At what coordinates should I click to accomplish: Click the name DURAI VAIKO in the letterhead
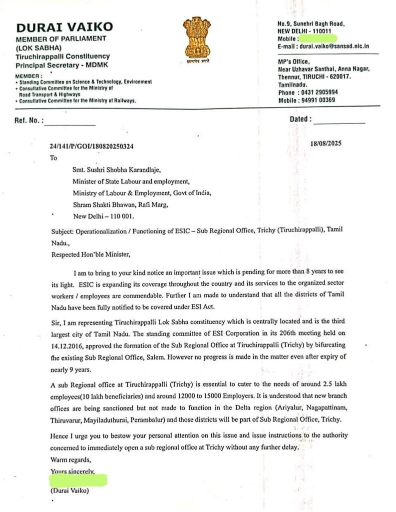click(64, 27)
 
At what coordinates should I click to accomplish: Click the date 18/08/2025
click(326, 143)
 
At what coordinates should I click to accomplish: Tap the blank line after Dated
click(339, 123)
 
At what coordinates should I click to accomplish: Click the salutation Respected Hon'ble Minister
click(90, 254)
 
